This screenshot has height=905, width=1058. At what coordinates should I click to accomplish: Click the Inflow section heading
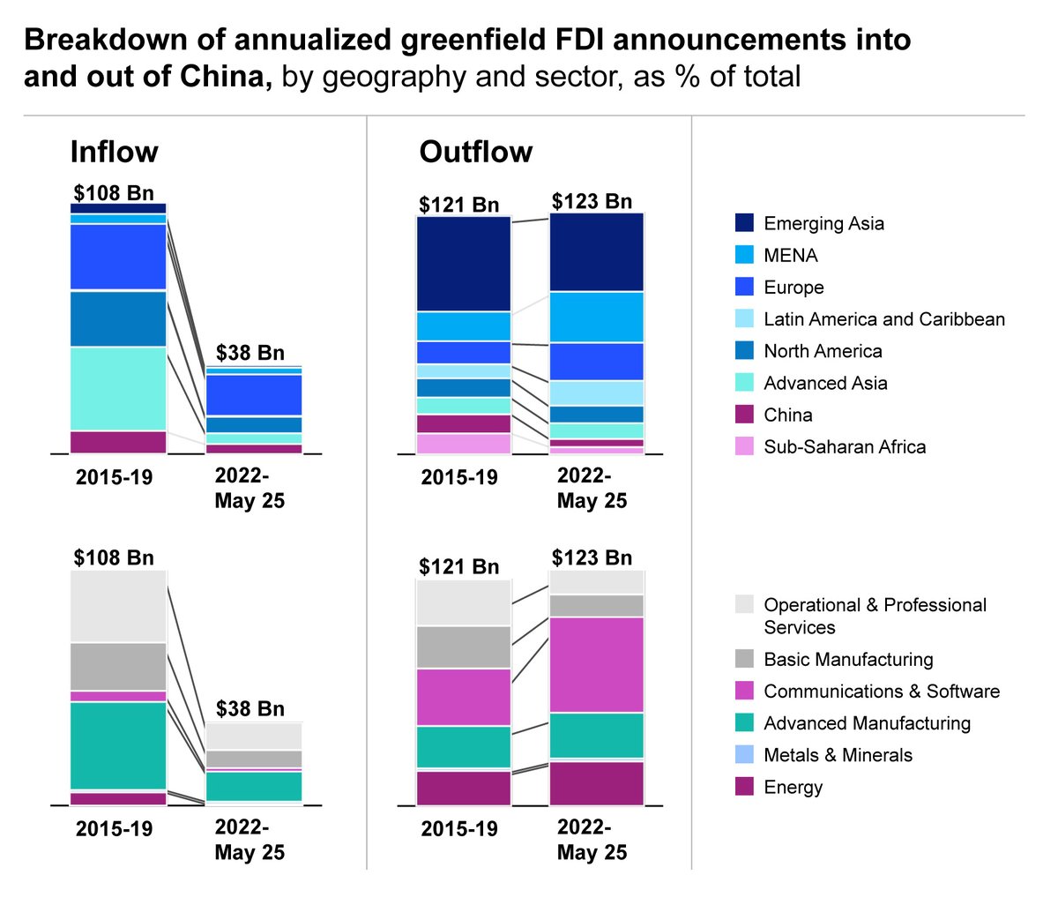click(114, 152)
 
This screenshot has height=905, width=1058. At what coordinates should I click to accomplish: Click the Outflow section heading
click(475, 152)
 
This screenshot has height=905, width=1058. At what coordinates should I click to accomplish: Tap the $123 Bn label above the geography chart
click(592, 201)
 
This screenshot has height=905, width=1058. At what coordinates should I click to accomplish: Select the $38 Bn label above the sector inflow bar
click(250, 708)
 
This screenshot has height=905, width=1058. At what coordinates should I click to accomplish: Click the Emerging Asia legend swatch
click(745, 223)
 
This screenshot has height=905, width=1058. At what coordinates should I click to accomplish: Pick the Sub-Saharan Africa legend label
click(844, 446)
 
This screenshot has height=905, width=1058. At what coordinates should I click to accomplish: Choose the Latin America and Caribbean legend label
click(883, 319)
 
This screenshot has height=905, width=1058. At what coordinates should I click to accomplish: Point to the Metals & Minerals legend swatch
click(745, 755)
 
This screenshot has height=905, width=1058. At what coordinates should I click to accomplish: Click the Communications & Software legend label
click(881, 692)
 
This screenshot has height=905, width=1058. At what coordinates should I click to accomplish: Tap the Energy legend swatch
click(745, 787)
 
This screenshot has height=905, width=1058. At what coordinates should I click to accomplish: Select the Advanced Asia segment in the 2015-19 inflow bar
click(118, 388)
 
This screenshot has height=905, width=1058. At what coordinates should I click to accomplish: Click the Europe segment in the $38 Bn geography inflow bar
click(254, 394)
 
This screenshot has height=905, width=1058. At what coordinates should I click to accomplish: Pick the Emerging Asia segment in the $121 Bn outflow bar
click(464, 263)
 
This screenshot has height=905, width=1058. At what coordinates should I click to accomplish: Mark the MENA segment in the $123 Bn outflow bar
click(596, 317)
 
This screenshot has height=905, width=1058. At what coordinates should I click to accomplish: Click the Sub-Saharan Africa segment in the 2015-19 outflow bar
click(464, 443)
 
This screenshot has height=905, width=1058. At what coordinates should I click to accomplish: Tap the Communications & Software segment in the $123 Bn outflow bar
click(596, 664)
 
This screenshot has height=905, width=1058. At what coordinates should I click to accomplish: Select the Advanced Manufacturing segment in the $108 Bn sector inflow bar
click(118, 744)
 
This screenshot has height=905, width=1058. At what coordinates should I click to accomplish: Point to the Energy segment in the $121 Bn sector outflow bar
click(464, 788)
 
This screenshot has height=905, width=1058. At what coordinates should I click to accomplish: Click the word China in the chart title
click(225, 77)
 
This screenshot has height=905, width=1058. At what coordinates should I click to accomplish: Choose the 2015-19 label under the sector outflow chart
click(459, 829)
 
